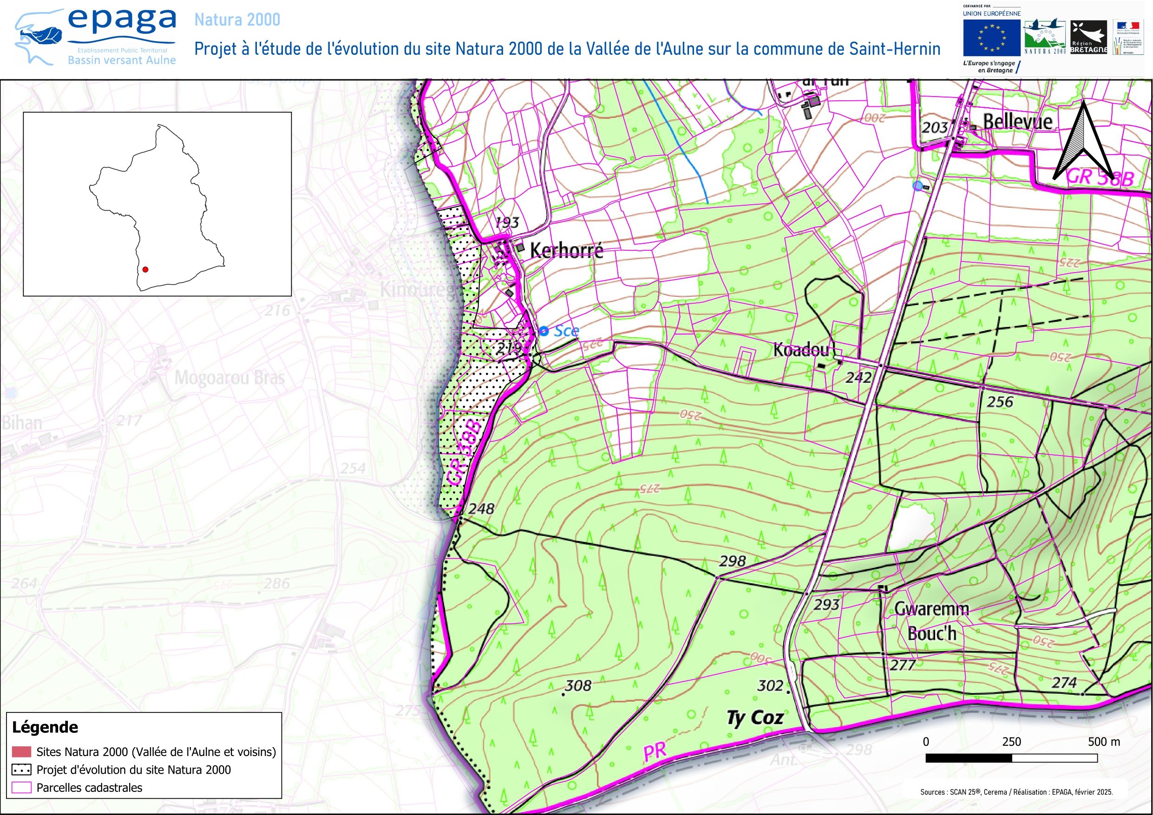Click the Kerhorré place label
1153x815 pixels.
[x=566, y=250]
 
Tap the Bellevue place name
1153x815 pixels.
[x=1017, y=122]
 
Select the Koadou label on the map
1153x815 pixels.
[x=800, y=350]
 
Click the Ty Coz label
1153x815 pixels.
[x=755, y=718]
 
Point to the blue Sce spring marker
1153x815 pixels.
[x=544, y=331]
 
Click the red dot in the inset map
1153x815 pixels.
[x=145, y=270]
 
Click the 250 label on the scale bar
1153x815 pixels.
[x=1011, y=742]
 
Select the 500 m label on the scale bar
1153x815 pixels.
[x=1104, y=742]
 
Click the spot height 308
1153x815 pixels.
[x=577, y=685]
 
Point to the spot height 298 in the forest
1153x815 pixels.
[x=732, y=561]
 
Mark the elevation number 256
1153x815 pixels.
[x=999, y=402]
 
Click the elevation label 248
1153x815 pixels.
[x=481, y=509]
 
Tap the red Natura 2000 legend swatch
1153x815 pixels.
[x=21, y=752]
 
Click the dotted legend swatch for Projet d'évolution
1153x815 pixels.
[x=21, y=770]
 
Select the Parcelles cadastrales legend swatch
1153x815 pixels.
[x=21, y=788]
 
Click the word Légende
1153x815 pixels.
[x=45, y=727]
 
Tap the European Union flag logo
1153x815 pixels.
[x=991, y=37]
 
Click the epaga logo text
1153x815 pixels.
[x=122, y=20]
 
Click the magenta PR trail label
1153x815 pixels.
[x=655, y=752]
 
